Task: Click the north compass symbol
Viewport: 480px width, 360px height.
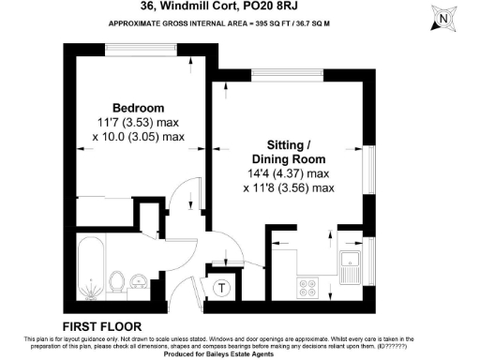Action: [x=446, y=17]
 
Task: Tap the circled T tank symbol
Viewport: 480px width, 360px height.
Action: [x=224, y=288]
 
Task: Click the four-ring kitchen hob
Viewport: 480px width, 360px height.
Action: [x=307, y=288]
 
